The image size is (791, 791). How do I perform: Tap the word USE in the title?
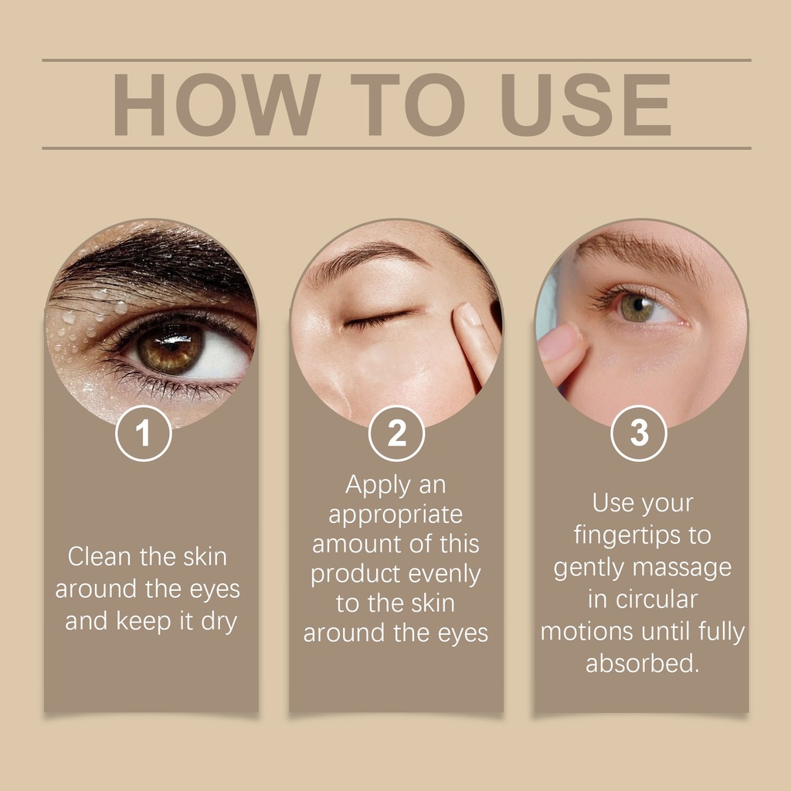click(x=586, y=104)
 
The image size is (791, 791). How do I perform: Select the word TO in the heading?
click(x=408, y=104)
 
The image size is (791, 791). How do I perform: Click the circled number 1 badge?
click(x=144, y=433)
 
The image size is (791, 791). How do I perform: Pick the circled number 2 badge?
click(x=396, y=433)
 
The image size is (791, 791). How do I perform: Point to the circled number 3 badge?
click(x=639, y=433)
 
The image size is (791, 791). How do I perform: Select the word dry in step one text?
click(x=219, y=622)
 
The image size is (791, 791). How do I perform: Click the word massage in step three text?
click(x=681, y=568)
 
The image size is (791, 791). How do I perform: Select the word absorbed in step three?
click(x=642, y=663)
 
